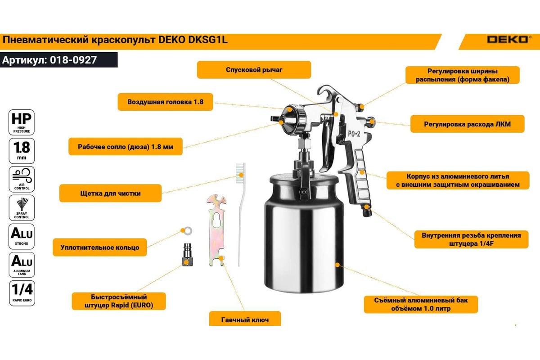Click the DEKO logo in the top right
click(508, 40)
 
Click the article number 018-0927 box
click(58, 60)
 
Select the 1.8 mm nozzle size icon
click(22, 151)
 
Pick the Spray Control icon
click(22, 207)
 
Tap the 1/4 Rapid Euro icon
click(22, 292)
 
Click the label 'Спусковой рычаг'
click(254, 70)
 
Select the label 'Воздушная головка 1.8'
click(165, 102)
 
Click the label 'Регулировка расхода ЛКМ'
click(467, 123)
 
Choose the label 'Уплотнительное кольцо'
click(100, 247)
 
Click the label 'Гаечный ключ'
click(245, 320)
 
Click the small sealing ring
click(189, 231)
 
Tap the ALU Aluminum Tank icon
click(22, 265)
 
